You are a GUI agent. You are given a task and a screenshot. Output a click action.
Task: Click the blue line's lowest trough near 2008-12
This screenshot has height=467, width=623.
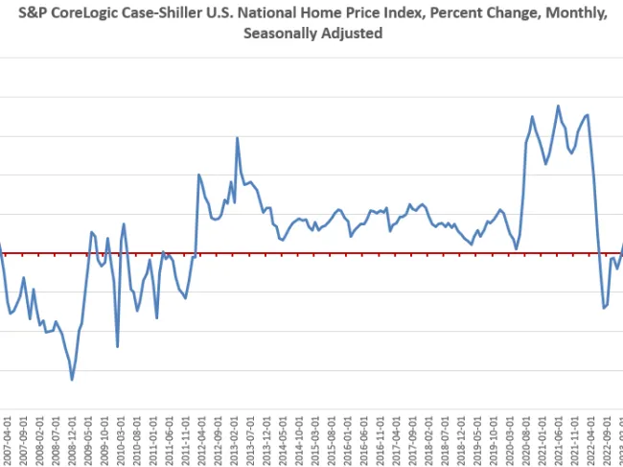pos(72,380)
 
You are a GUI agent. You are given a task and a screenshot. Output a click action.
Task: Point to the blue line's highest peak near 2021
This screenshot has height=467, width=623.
pos(558,105)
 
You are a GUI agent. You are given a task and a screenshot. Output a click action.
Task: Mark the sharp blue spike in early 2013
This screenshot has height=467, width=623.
pos(237,138)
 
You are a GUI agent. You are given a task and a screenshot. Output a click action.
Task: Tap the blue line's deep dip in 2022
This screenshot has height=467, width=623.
pos(604,308)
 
